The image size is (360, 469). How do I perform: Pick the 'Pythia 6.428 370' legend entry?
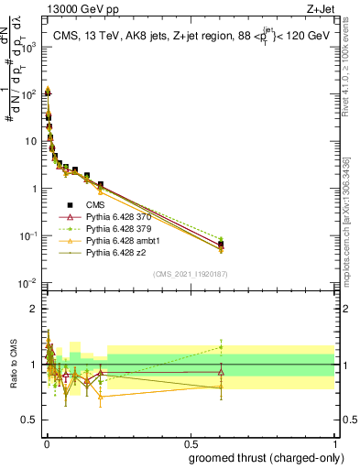[124, 217]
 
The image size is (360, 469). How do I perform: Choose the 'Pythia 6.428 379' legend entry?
[124, 229]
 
